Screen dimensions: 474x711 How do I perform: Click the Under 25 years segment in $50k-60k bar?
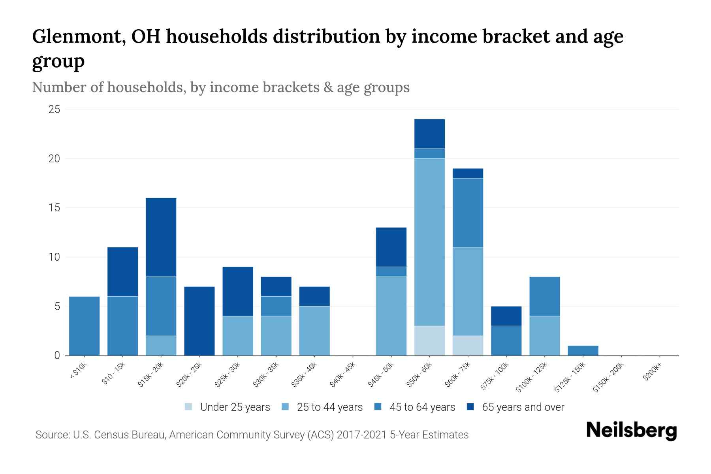coord(429,340)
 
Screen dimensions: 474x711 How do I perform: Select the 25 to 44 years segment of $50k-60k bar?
coord(429,242)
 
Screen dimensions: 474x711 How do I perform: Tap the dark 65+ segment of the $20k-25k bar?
coord(199,321)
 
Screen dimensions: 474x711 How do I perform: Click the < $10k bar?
coord(84,326)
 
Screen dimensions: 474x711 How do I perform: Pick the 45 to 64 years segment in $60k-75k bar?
coord(468,213)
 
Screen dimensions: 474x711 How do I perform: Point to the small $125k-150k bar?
coord(583,350)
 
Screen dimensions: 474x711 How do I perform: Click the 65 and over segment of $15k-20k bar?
coord(161,237)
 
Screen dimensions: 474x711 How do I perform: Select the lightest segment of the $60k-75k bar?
coord(468,346)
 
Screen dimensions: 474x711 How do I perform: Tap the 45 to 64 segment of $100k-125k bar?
coord(544,296)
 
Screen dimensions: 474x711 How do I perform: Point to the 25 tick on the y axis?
coord(54,109)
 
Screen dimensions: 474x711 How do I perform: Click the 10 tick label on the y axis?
coord(54,257)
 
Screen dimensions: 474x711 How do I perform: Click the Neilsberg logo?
coord(631,431)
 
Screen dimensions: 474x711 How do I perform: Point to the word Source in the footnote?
coord(52,435)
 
